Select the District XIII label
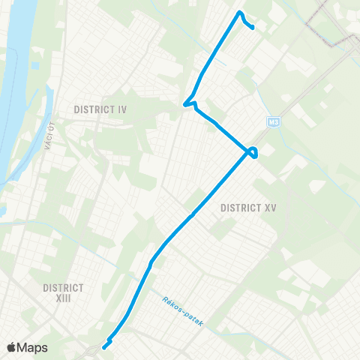click(63, 293)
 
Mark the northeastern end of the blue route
click(253, 28)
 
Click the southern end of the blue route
click(103, 346)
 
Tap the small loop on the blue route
click(254, 152)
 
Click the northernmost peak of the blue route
click(239, 13)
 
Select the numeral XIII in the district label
click(63, 298)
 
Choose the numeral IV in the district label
click(122, 109)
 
